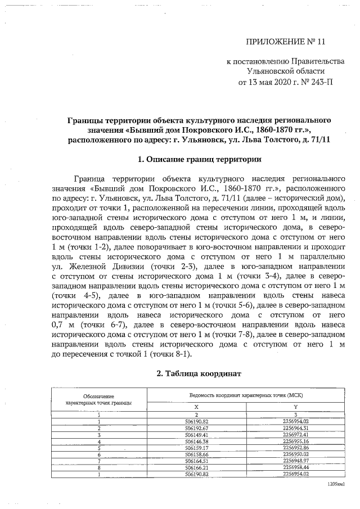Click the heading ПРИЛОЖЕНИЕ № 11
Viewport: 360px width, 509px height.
tap(286, 42)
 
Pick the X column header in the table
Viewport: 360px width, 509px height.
tap(196, 406)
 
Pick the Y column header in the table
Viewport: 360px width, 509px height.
tap(296, 406)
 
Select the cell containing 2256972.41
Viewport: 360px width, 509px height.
tap(296, 435)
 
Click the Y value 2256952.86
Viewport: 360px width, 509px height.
tap(296, 448)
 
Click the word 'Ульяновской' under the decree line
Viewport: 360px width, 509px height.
tap(268, 71)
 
